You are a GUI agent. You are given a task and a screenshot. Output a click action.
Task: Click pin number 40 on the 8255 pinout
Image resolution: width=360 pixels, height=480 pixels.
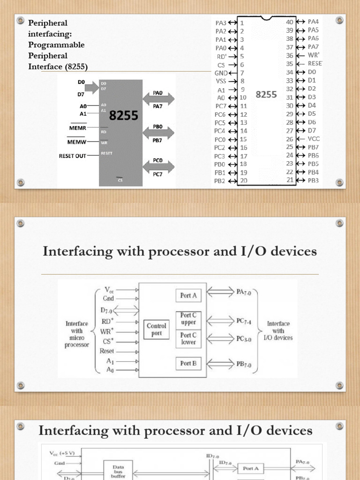289,22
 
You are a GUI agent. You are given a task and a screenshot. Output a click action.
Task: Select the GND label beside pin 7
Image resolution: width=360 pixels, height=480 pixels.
221,73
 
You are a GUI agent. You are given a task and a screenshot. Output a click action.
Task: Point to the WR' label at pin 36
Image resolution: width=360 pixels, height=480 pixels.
314,55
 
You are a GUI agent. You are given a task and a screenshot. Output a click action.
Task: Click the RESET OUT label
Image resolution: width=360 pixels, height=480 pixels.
72,156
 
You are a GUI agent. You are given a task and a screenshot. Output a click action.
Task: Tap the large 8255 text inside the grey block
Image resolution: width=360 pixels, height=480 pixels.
124,115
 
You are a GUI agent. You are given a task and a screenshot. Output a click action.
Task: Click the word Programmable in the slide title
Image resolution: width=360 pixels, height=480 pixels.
57,45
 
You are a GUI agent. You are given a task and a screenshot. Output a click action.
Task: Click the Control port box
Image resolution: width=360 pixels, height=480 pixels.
157,329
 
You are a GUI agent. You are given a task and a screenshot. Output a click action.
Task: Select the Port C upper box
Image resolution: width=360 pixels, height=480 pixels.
188,319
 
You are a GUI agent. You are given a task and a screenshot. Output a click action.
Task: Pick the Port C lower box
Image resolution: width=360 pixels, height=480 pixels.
188,338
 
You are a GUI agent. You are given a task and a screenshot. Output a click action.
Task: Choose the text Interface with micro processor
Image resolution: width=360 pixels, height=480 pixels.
77,334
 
